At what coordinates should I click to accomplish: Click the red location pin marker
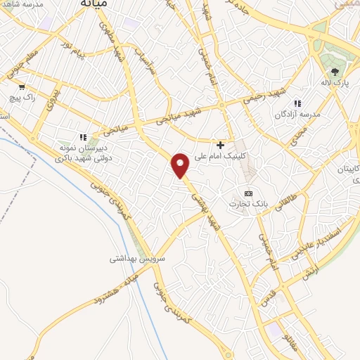pyautogui.click(x=181, y=165)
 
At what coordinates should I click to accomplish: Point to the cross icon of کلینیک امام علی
pyautogui.click(x=221, y=144)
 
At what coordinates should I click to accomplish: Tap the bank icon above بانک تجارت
pyautogui.click(x=247, y=193)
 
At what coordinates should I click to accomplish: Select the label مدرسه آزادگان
pyautogui.click(x=300, y=114)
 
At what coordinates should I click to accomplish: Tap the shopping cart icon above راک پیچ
pyautogui.click(x=22, y=87)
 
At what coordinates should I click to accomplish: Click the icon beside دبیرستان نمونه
pyautogui.click(x=82, y=137)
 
